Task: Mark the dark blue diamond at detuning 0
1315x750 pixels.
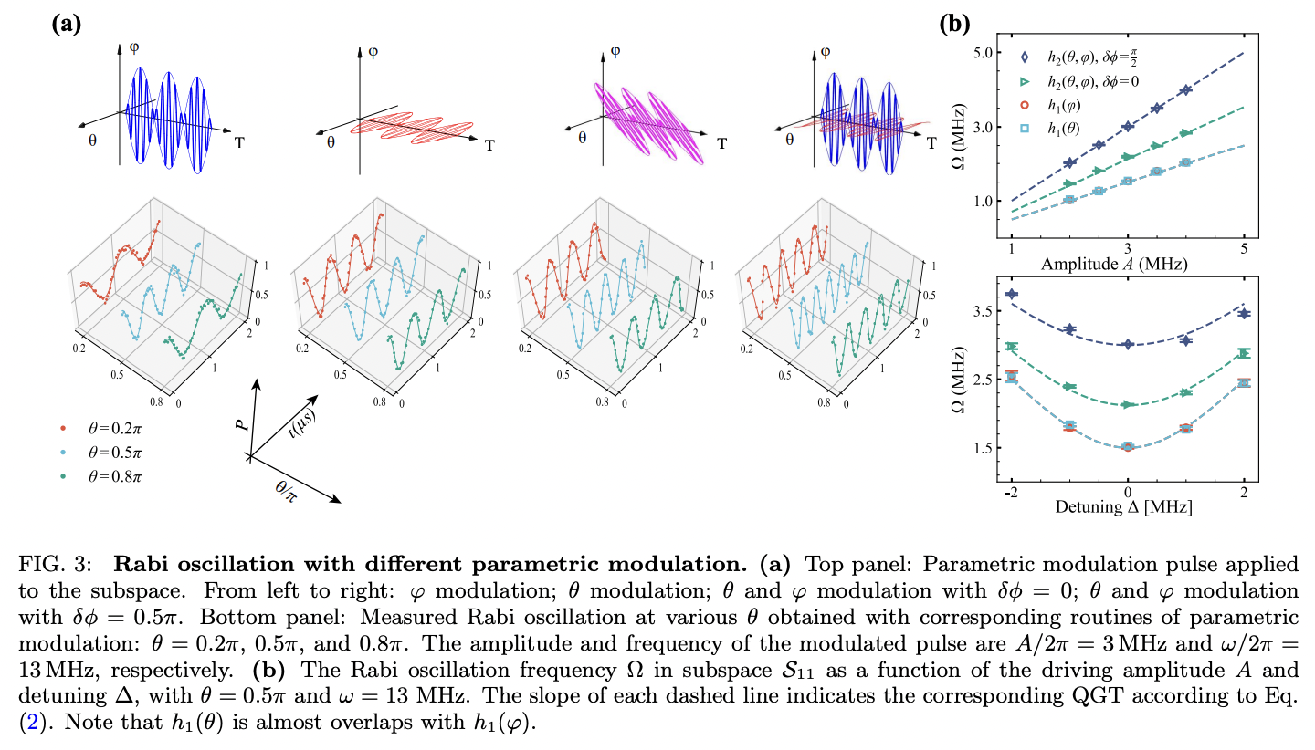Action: [1128, 344]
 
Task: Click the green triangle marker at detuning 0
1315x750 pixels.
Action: [1128, 404]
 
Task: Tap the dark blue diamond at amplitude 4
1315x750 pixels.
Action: [1185, 89]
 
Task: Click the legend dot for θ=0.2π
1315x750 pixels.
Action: [61, 426]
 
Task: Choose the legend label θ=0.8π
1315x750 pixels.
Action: [111, 475]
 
